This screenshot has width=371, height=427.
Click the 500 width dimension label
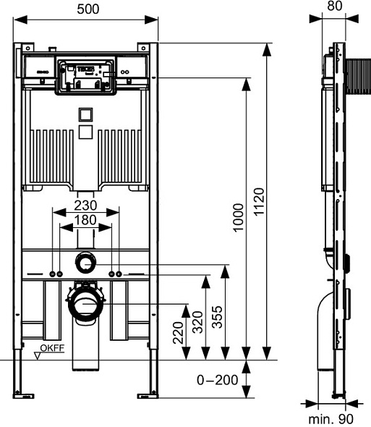tap(88, 9)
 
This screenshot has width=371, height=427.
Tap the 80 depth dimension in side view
tap(335, 6)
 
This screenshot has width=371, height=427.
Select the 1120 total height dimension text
tap(259, 202)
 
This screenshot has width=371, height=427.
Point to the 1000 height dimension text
tap(238, 218)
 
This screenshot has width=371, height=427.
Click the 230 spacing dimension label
tap(85, 206)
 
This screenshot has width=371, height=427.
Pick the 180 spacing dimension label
tap(85, 220)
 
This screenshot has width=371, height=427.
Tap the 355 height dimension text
tap(217, 317)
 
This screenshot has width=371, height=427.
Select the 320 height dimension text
tap(198, 323)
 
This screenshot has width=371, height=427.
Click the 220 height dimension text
tap(179, 333)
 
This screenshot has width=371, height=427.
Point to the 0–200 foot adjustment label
tap(217, 380)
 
